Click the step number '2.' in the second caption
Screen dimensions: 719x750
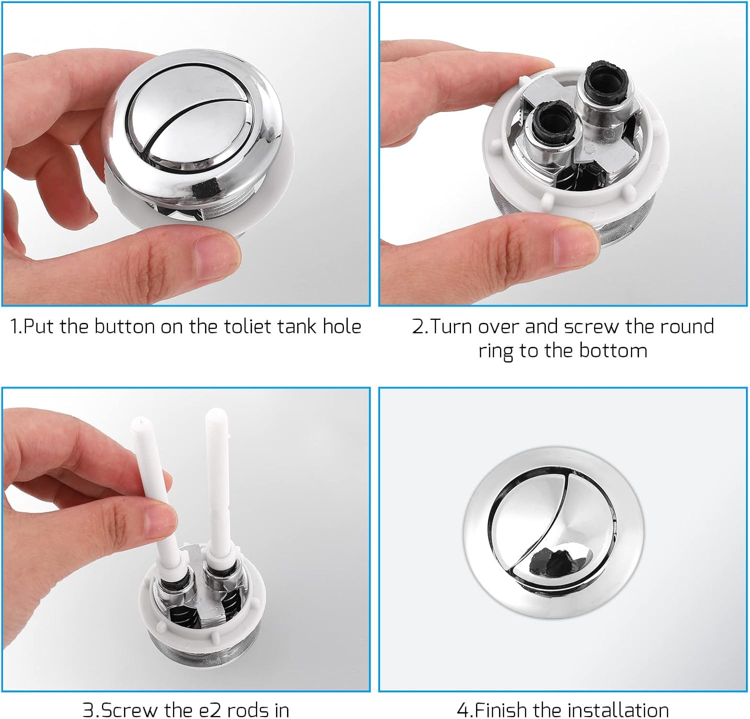click(x=420, y=327)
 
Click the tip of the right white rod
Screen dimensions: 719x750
click(x=215, y=414)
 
